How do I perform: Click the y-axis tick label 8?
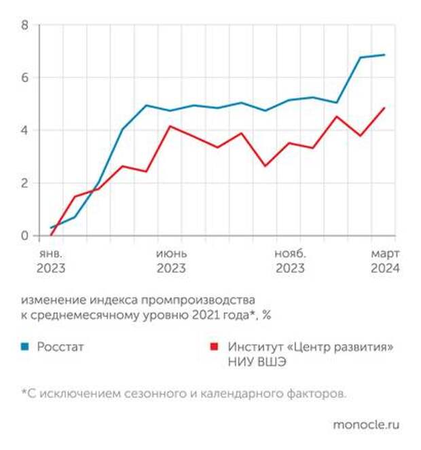[24, 25]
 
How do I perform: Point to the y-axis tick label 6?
[24, 78]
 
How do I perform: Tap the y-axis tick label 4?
[24, 130]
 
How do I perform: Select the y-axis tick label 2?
[24, 183]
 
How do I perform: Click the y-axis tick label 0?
[24, 236]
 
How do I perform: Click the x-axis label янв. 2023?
[51, 261]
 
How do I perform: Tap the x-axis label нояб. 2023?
[290, 261]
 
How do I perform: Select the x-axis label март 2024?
[384, 261]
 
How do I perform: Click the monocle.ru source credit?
[366, 425]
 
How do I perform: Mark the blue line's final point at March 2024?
[385, 55]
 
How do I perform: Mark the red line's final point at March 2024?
[385, 108]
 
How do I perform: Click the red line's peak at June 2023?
[170, 126]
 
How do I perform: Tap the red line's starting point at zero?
[52, 236]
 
